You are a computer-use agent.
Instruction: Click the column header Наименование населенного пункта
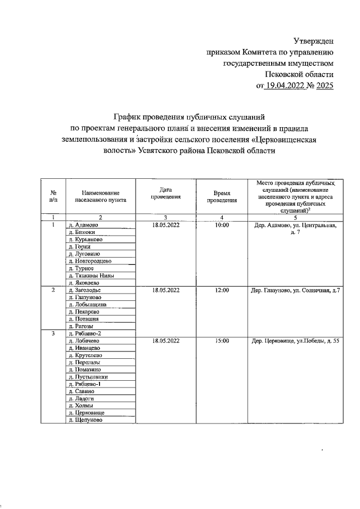coord(100,196)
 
